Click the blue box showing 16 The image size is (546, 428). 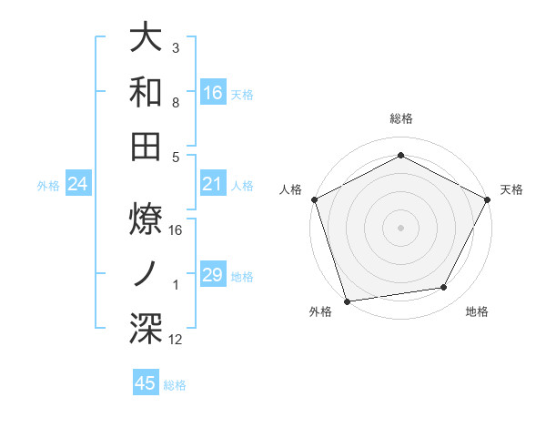click(x=212, y=92)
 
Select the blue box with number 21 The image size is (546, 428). click(x=212, y=185)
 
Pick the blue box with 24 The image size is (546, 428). click(x=78, y=185)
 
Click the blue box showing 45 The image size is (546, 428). click(x=146, y=383)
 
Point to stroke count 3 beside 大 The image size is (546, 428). click(x=176, y=47)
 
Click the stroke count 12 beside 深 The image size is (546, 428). click(x=176, y=340)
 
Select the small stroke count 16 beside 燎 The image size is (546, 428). click(x=176, y=229)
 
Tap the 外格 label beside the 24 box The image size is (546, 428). click(x=48, y=186)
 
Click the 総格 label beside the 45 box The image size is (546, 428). click(x=175, y=385)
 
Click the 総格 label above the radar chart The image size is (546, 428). click(x=400, y=118)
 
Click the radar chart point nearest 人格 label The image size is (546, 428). click(x=314, y=199)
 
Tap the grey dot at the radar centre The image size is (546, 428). click(x=400, y=227)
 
